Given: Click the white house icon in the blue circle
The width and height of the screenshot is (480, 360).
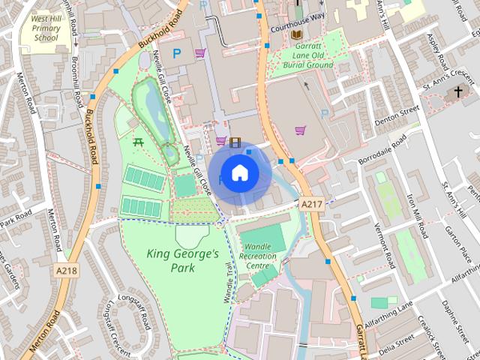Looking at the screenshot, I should [x=239, y=173].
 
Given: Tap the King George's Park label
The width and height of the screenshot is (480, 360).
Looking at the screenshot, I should [x=183, y=260].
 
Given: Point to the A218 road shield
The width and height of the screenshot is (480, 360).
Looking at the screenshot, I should [x=65, y=271].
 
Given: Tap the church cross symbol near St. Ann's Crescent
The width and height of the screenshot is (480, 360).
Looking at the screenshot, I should [x=458, y=93].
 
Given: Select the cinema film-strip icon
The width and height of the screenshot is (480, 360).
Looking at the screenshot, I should [x=235, y=141].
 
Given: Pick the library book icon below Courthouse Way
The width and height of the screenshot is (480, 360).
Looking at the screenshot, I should [x=297, y=34].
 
